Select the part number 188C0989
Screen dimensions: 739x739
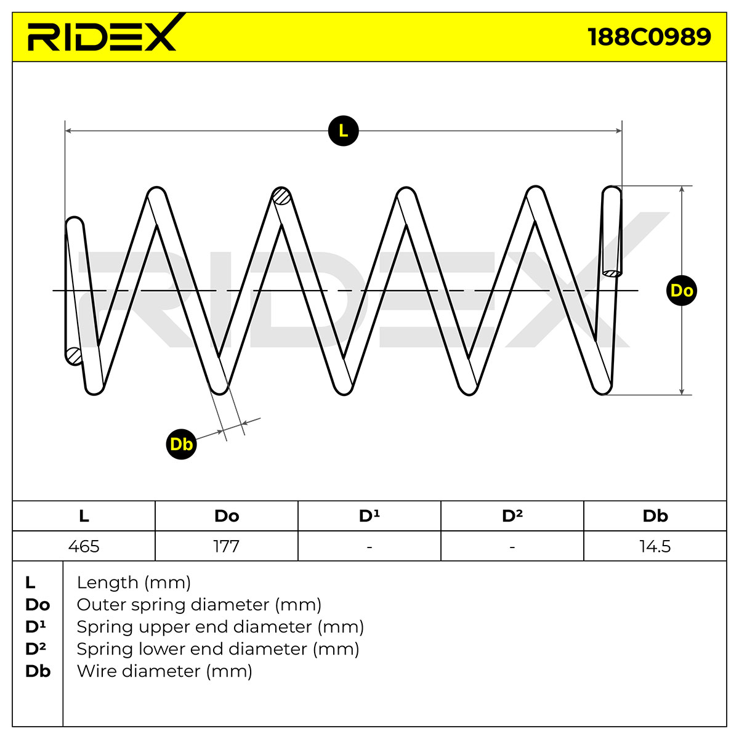[x=649, y=37]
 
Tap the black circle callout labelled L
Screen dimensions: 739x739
[x=343, y=131]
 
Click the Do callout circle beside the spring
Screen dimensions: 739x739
[x=682, y=291]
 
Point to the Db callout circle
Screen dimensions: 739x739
[x=182, y=444]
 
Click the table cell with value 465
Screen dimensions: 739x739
[x=84, y=546]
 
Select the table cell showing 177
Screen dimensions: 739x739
[x=226, y=546]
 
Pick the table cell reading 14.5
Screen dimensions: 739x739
[x=655, y=546]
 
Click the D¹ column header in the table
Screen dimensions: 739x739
[x=369, y=516]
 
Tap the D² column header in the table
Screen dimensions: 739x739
[x=512, y=516]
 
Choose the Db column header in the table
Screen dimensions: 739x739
[x=655, y=516]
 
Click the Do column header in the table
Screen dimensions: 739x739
[x=226, y=516]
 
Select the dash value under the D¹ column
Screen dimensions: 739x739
[x=369, y=546]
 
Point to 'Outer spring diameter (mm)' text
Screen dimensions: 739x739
[x=199, y=605]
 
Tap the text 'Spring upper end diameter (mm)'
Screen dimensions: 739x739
[x=220, y=627]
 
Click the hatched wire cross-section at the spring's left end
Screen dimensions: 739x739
[x=74, y=356]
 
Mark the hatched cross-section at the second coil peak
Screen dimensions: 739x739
[x=281, y=196]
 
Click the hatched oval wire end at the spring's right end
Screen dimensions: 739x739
[x=612, y=273]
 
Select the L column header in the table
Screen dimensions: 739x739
[x=84, y=516]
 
